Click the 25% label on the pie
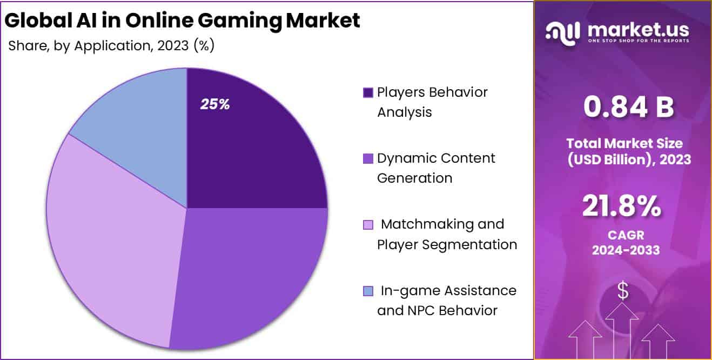(x=215, y=104)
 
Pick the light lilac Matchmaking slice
(x=108, y=238)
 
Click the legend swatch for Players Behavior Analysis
(x=368, y=92)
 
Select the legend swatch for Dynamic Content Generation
(x=368, y=158)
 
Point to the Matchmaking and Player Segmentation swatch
(x=368, y=224)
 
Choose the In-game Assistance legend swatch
(x=368, y=291)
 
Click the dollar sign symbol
(x=623, y=291)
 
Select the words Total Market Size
(x=624, y=143)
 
